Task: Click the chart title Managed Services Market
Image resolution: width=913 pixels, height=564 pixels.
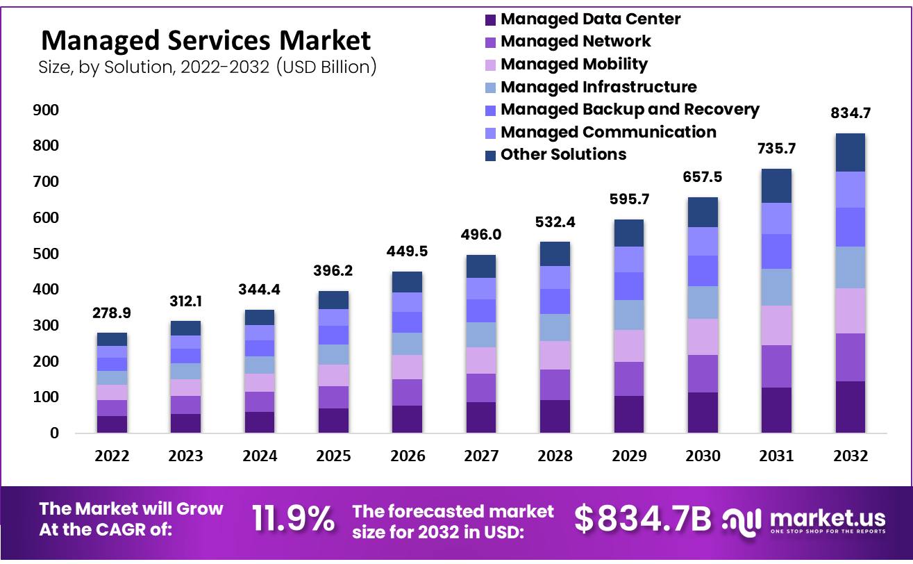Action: coord(206,40)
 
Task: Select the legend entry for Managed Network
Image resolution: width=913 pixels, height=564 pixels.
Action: coord(576,42)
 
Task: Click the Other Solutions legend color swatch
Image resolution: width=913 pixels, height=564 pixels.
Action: coord(491,155)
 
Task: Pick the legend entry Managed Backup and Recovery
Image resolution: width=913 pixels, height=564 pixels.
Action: coord(629,110)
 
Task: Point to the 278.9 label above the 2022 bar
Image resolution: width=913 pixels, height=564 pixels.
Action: coord(112,313)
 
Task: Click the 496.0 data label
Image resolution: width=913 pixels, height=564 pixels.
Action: coord(480,235)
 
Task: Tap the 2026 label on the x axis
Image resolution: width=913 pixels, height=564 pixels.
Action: coord(407,456)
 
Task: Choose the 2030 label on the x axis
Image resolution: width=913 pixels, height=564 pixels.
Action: coord(702,456)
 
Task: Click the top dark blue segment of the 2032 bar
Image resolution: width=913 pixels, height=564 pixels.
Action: coord(850,152)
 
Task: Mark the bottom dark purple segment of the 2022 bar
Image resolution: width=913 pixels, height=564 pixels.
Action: coord(112,424)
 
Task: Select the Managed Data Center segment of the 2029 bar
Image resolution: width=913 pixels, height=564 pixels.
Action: coord(628,414)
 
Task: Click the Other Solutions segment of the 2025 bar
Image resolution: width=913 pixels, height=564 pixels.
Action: coord(333,299)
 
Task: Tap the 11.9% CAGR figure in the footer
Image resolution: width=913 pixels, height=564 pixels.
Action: coord(292,519)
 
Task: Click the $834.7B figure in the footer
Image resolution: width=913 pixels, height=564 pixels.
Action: coord(644,519)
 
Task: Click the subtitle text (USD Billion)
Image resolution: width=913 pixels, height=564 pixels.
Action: coord(326,67)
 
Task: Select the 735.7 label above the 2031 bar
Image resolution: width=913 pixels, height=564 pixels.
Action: coord(776,148)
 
